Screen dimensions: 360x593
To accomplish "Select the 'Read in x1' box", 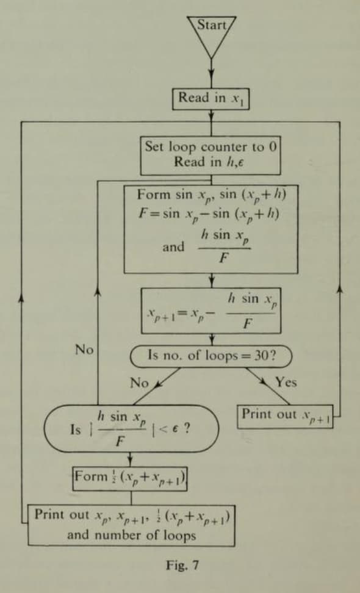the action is click(211, 99).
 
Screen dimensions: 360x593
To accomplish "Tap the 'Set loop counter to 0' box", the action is click(211, 155).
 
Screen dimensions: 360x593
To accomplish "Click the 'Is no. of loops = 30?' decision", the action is click(211, 356).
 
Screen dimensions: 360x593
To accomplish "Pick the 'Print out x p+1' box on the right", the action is click(285, 417).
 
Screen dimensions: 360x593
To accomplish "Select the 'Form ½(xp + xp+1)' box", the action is click(130, 478).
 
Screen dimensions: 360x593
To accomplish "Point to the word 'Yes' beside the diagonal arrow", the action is click(286, 383).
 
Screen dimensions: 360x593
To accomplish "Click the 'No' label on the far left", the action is click(84, 350).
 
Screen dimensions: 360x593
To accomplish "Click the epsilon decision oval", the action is click(131, 428).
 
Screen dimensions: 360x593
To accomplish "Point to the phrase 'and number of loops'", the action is click(132, 535).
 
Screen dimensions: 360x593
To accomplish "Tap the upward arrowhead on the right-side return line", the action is click(340, 289).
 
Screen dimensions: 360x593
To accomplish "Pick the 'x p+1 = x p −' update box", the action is click(211, 311).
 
